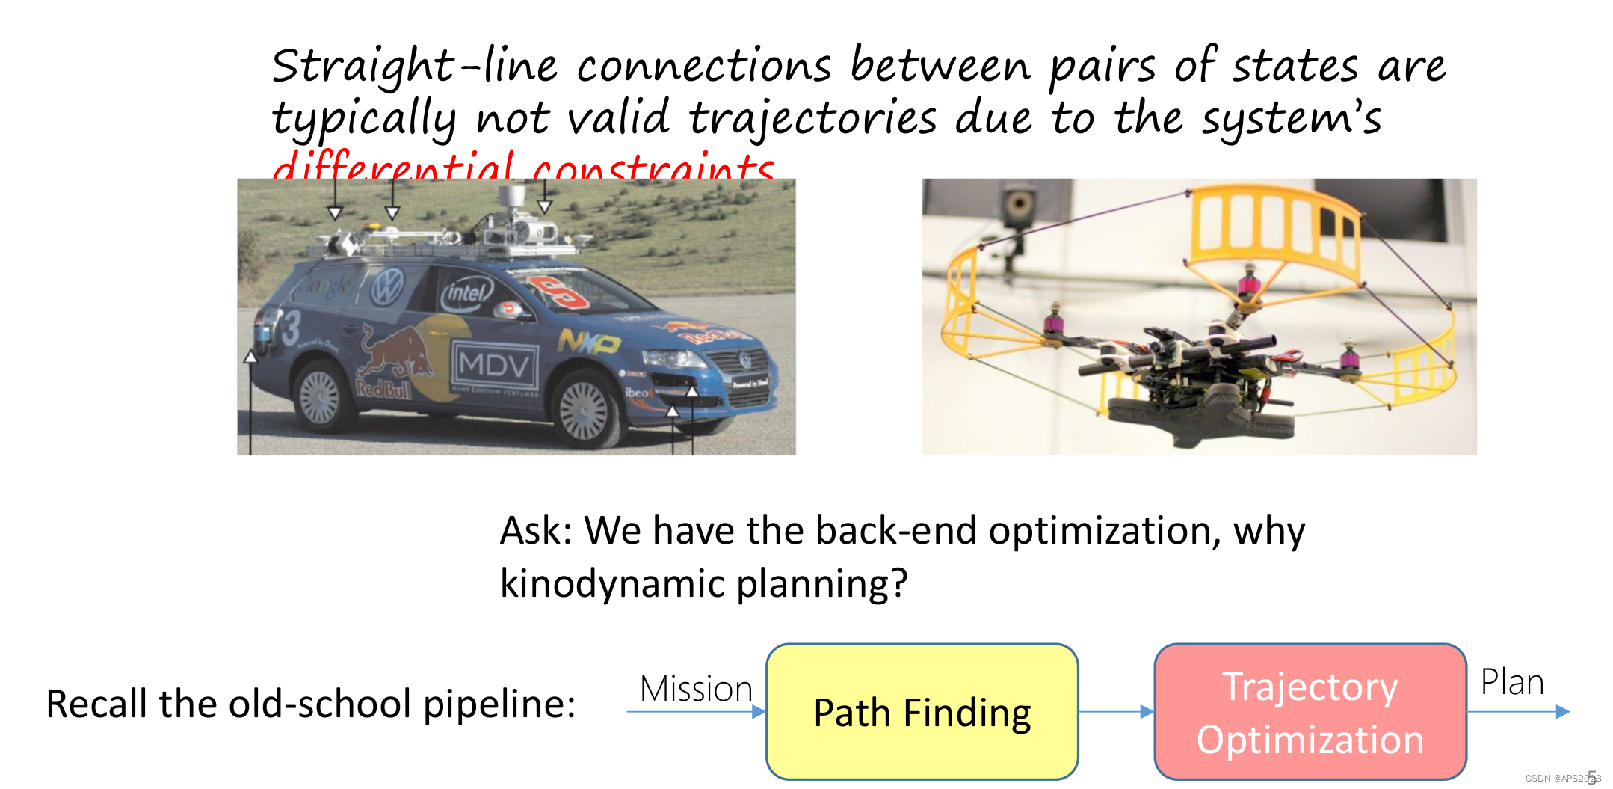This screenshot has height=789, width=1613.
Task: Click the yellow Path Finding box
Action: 922,711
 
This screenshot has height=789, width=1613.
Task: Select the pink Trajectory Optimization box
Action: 1310,711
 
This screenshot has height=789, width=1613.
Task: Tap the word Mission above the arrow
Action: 696,689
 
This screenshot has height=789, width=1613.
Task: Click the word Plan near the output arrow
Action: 1512,682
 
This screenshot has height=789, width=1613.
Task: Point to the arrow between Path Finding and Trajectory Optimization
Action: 1116,712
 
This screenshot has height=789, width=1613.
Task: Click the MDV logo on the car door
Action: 494,366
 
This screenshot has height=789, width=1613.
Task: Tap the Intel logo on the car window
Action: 467,292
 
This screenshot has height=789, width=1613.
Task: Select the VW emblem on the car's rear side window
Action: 387,286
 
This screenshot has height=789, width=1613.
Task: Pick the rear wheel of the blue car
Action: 319,396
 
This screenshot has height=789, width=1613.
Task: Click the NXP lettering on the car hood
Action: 588,343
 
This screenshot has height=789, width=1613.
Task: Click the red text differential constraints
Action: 523,168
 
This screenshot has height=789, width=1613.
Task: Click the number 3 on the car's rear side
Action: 289,328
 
